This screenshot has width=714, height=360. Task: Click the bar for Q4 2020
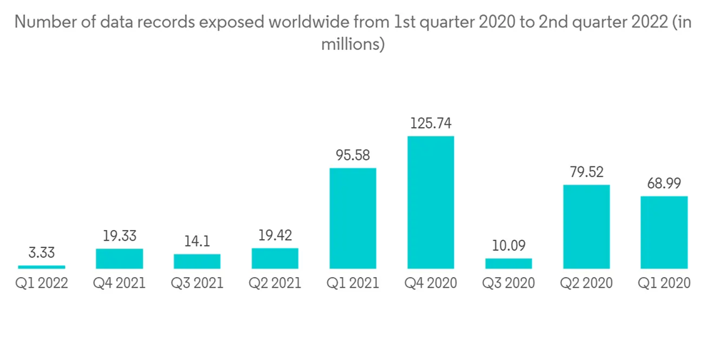pos(431,202)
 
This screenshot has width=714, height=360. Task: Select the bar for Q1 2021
pos(353,218)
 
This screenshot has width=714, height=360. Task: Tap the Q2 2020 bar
pos(586,226)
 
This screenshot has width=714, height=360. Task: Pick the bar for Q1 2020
pos(664,232)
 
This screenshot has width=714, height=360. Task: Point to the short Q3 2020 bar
pos(508,264)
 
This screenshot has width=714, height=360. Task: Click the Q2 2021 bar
pos(275,259)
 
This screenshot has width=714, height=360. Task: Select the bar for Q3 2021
pos(197,261)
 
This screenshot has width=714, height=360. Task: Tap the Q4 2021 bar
pos(119,259)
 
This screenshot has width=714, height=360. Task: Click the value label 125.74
pos(431,124)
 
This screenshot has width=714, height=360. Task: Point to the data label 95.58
pos(353,155)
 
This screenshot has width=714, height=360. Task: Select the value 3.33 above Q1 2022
pos(41,252)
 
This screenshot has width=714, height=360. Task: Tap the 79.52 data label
pos(586,172)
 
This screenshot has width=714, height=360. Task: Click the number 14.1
pos(197,241)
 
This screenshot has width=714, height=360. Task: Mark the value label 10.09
pos(508,245)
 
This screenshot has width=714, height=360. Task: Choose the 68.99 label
pos(664,184)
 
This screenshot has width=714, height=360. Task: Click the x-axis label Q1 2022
pos(41,284)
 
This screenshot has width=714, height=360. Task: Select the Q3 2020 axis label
pos(508,284)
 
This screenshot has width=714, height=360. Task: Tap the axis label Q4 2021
pos(119,284)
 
